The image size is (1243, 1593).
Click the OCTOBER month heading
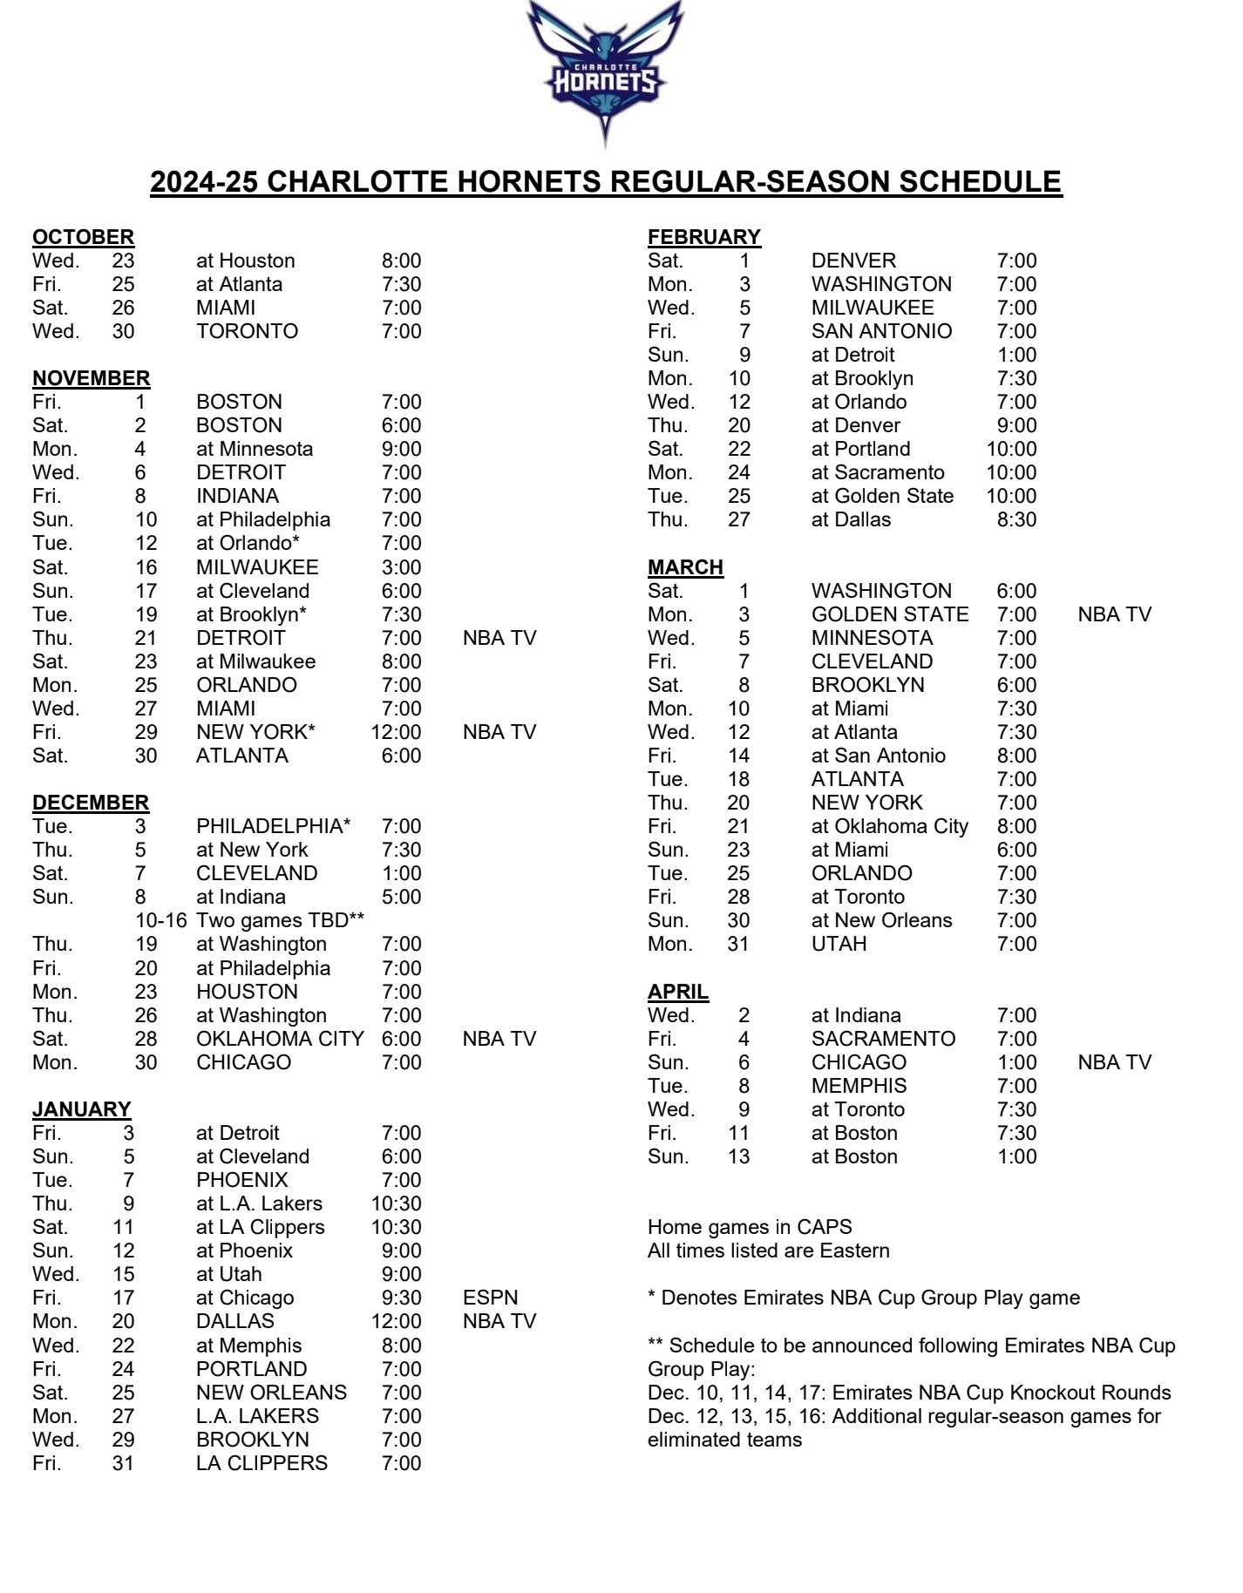(83, 237)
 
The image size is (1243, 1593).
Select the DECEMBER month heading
(91, 803)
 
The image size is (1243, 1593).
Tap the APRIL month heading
(677, 992)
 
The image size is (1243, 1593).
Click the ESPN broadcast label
(490, 1298)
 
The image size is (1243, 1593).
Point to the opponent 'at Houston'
(245, 261)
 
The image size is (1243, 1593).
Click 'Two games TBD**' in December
(280, 920)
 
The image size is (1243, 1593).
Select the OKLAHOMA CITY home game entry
(280, 1039)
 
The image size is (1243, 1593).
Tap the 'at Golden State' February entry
(882, 496)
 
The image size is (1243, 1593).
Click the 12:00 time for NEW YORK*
(397, 732)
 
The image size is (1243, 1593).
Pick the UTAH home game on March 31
(839, 944)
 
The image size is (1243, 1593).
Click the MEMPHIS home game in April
(859, 1086)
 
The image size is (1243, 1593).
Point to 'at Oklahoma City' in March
(889, 826)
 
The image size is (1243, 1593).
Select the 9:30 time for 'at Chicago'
(401, 1298)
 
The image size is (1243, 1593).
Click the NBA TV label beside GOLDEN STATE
(1114, 614)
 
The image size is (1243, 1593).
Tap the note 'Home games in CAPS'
(749, 1227)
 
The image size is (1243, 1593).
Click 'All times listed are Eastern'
(768, 1251)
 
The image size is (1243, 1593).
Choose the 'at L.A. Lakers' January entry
(259, 1203)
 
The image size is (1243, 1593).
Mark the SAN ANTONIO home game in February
(881, 331)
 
